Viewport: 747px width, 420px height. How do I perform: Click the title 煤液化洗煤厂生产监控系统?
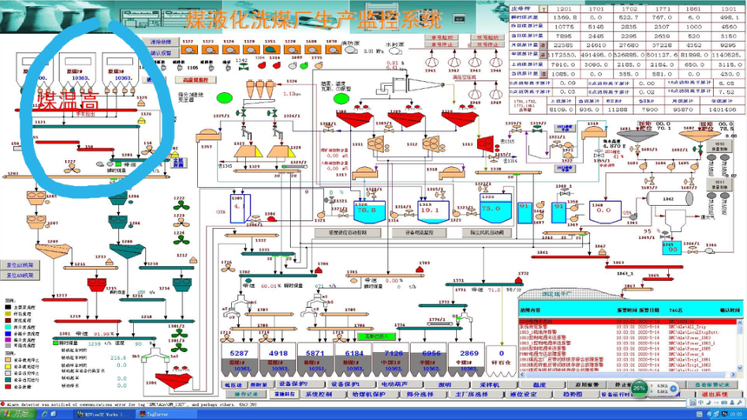(313, 17)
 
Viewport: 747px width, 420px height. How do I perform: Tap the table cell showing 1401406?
(724, 110)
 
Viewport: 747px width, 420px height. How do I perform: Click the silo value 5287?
(240, 353)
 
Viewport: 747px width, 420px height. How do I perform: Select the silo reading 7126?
(393, 353)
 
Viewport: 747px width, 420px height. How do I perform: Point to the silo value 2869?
(470, 353)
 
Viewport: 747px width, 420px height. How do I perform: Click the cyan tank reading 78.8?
(367, 210)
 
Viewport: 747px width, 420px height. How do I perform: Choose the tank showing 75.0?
(491, 210)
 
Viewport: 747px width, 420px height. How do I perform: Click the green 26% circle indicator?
(639, 387)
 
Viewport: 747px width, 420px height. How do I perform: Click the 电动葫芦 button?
(396, 383)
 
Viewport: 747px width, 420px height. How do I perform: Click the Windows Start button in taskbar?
(15, 414)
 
